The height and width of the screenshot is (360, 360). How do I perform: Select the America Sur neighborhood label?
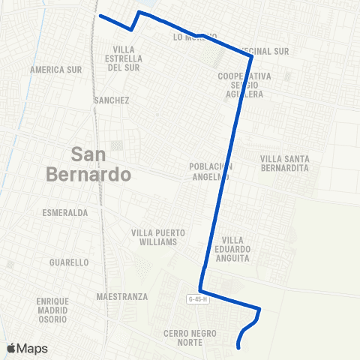(x=55, y=70)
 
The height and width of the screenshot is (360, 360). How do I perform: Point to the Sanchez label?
(x=112, y=100)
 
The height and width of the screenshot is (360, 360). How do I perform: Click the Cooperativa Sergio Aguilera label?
(x=244, y=85)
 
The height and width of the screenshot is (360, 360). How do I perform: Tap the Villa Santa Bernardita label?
(x=284, y=163)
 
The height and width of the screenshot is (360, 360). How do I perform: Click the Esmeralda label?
(x=66, y=213)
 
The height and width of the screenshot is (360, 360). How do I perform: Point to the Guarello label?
(x=68, y=262)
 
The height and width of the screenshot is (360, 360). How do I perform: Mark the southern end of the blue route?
(x=238, y=347)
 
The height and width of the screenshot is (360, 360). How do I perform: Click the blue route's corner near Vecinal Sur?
(x=251, y=55)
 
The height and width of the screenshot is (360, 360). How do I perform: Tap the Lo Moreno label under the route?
(x=195, y=37)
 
